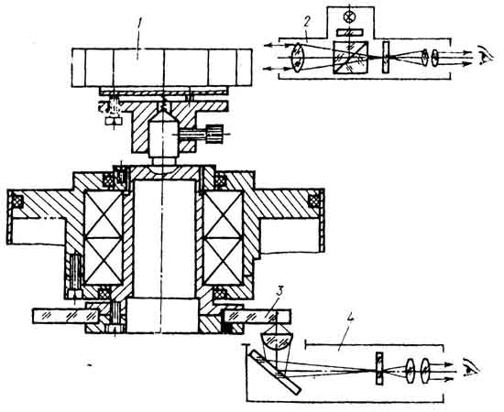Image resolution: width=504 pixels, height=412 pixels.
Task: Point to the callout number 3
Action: click(x=279, y=293)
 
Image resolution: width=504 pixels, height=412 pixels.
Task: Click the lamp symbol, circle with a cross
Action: click(x=349, y=16)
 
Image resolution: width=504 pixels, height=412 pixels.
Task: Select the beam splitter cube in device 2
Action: click(x=350, y=58)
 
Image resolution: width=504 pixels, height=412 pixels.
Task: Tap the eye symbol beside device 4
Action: click(x=472, y=370)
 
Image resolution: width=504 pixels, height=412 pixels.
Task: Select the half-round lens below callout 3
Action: click(x=276, y=341)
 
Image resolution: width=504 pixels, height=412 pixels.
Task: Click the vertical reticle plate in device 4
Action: click(x=379, y=368)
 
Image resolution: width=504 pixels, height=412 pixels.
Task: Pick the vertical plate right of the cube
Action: click(x=386, y=57)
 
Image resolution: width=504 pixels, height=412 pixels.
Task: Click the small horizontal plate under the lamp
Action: click(x=350, y=32)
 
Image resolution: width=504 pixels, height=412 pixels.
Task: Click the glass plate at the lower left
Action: click(x=66, y=316)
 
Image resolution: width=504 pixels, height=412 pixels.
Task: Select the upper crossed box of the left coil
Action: click(x=104, y=214)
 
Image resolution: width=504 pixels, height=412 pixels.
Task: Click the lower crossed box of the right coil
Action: click(x=223, y=262)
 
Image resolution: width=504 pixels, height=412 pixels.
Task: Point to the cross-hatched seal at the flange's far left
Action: click(x=16, y=201)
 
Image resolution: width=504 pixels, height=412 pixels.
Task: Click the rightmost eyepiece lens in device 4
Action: click(x=425, y=371)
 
